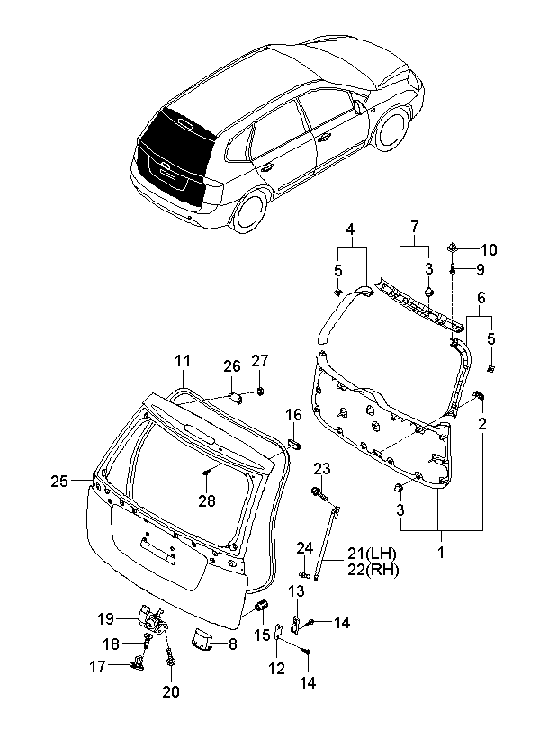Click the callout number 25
[x=59, y=481]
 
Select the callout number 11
[x=183, y=361]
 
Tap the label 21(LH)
[x=372, y=553]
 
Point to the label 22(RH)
[x=373, y=570]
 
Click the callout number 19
[x=106, y=618]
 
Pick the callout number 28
[x=207, y=501]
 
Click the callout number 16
[x=293, y=415]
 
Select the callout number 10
[x=489, y=250]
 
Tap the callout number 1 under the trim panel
[x=441, y=553]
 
